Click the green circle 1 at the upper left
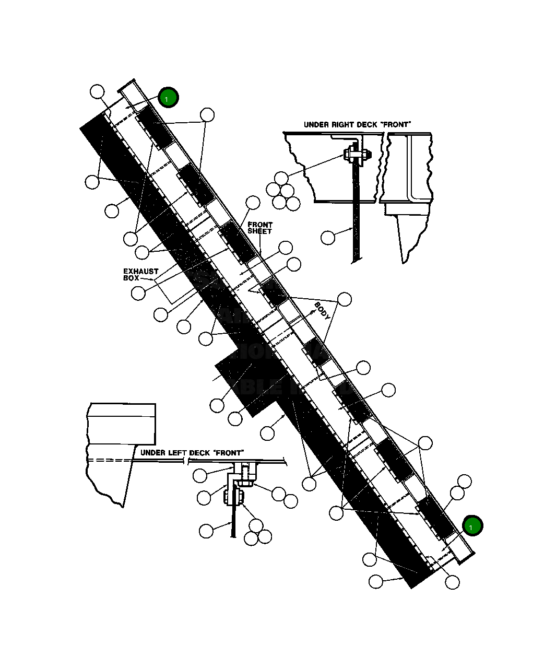[x=168, y=98]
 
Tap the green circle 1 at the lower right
[x=472, y=526]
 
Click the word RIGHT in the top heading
[x=342, y=125]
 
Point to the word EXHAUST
[x=140, y=271]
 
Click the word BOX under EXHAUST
[x=131, y=278]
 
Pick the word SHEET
[x=259, y=231]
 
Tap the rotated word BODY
[x=322, y=311]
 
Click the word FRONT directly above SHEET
[x=260, y=225]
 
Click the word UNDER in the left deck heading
[x=153, y=453]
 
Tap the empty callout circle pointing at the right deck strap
[x=328, y=237]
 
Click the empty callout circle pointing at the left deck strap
[x=207, y=531]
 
